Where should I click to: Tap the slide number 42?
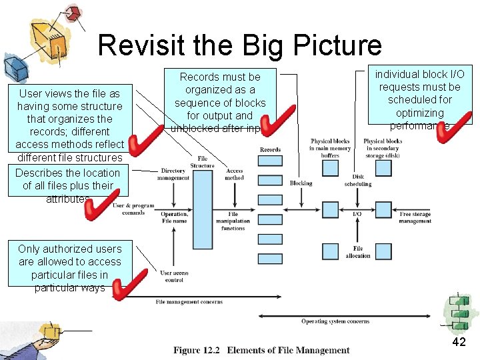[459, 342]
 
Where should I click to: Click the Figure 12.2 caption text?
[261, 350]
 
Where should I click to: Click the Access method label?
[235, 175]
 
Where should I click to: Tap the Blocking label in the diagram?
[301, 183]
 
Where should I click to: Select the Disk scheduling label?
[358, 180]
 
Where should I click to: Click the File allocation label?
[358, 252]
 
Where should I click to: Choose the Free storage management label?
[415, 217]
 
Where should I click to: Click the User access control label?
[174, 276]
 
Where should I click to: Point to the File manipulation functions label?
[233, 221]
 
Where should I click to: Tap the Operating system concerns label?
[335, 321]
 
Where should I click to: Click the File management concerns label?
[189, 302]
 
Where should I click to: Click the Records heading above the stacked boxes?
[270, 149]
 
